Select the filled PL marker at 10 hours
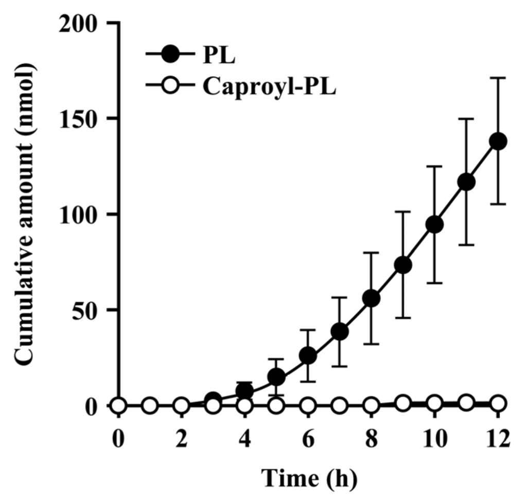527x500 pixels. [x=435, y=225]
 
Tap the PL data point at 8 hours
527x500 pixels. [x=371, y=299]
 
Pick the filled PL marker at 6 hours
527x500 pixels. [x=308, y=355]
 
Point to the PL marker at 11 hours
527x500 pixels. [x=466, y=182]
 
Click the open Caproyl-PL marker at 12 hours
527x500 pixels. [x=498, y=403]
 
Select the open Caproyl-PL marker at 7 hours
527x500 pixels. [x=339, y=406]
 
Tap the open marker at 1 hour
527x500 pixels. [x=150, y=406]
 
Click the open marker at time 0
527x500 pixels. [x=118, y=406]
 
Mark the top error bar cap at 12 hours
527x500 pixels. [x=498, y=78]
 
